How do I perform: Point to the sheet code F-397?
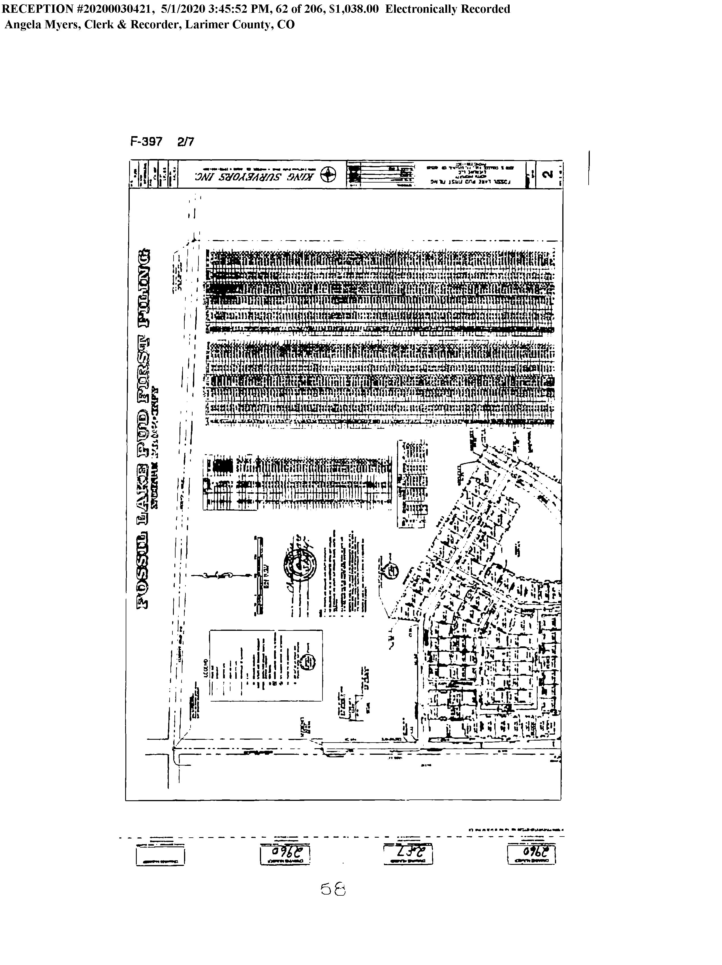click(x=146, y=142)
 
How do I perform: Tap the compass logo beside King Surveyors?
click(x=328, y=175)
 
